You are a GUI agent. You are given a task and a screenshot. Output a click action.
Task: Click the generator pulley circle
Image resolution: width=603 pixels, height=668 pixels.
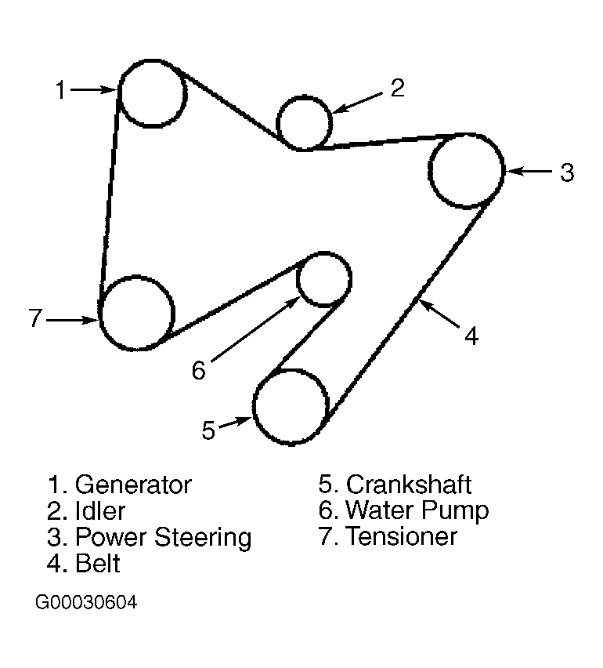pos(151,93)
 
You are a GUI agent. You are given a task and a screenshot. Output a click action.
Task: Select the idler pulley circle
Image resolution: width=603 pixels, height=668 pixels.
pos(305,122)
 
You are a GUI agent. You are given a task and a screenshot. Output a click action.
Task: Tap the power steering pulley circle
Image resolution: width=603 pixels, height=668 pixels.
pos(466,170)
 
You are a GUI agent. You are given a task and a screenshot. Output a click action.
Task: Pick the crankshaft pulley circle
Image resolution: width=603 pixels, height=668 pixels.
pos(290,406)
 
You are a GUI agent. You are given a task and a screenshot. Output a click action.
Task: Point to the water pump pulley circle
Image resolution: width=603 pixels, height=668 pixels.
pos(324,278)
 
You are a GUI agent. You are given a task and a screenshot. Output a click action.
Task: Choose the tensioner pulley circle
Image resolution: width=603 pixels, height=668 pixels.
pos(137,313)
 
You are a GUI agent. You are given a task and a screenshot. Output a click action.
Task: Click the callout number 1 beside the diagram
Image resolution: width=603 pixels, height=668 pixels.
pos(60,91)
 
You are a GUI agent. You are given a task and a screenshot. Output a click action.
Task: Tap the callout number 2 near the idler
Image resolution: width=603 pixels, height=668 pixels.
pos(397,89)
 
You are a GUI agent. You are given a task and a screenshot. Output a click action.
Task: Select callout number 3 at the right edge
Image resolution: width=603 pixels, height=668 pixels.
pos(566,172)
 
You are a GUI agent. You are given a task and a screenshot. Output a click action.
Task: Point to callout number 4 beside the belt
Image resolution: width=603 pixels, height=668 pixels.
pos(470,336)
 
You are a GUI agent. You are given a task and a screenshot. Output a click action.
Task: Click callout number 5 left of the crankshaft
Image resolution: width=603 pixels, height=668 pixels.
pos(208,430)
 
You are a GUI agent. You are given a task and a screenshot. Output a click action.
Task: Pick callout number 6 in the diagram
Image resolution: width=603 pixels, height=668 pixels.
pos(198,369)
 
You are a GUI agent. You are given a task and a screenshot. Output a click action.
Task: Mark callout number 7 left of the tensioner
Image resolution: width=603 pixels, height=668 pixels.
pos(34,319)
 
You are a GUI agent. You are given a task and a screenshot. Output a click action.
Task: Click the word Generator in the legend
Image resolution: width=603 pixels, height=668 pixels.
pos(132,485)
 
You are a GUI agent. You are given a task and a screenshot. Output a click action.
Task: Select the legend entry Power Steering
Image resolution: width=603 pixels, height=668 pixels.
pos(163,537)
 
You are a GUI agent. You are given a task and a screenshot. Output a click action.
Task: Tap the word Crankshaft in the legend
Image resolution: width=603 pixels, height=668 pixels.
pos(409,485)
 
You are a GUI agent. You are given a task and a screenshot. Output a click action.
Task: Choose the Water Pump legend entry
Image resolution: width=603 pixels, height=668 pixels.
pos(417,510)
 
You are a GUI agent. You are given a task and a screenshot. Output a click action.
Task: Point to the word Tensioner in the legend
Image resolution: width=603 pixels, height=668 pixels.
pos(401,536)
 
